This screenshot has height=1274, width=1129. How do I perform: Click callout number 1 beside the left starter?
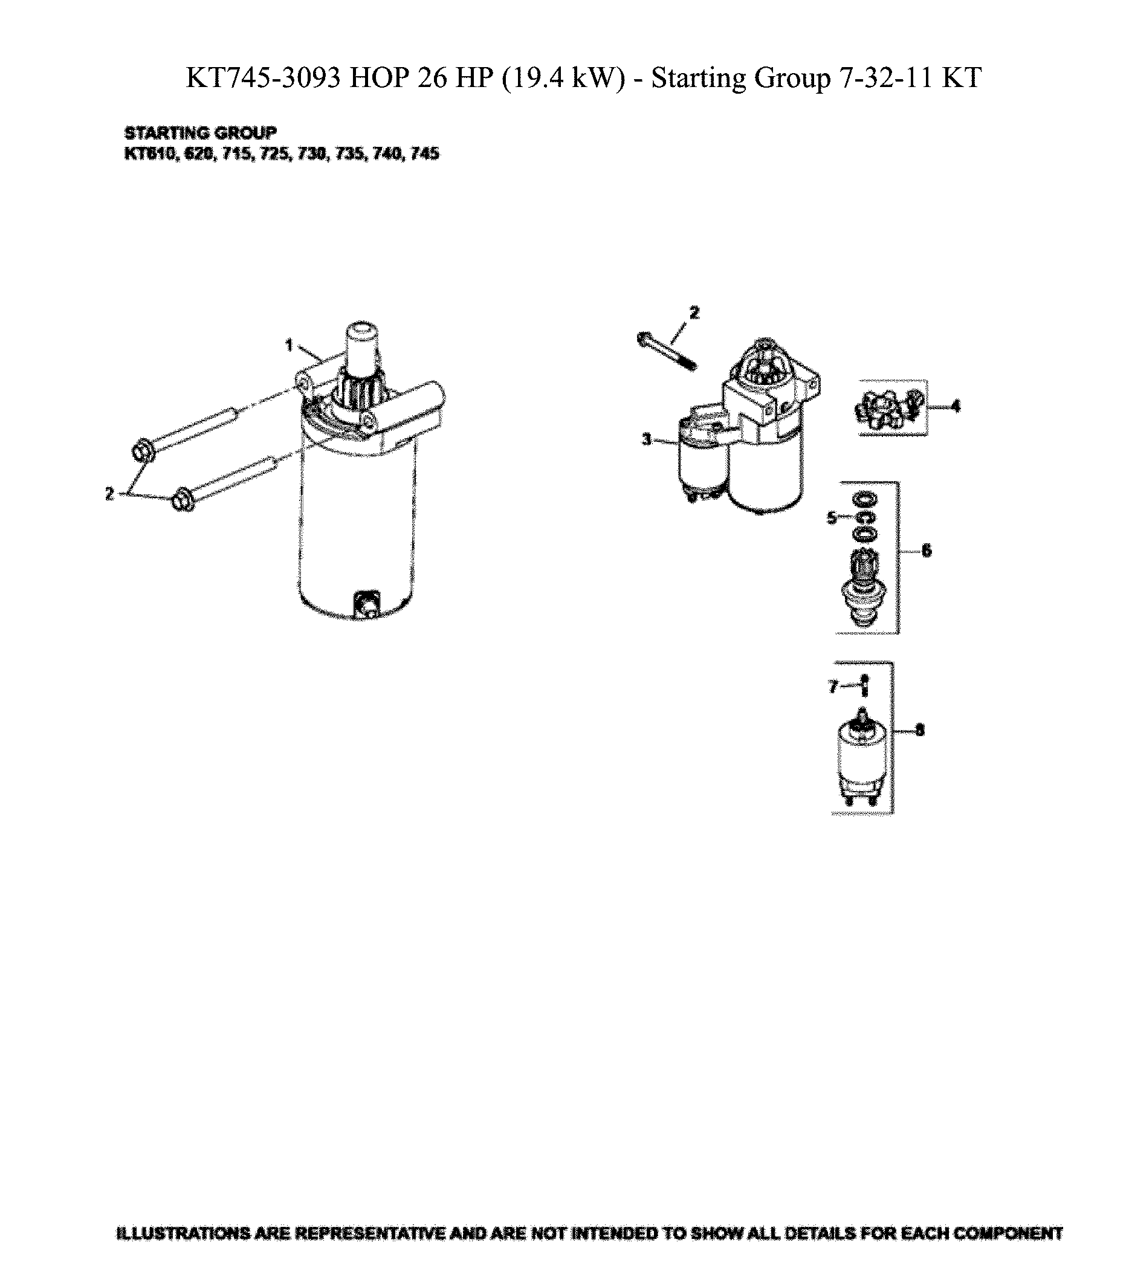[289, 344]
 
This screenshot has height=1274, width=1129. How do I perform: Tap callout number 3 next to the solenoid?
[647, 439]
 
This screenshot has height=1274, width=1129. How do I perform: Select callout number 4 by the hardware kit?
[956, 406]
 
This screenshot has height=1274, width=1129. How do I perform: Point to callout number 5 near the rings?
[832, 517]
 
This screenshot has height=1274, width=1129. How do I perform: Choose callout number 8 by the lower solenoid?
[920, 729]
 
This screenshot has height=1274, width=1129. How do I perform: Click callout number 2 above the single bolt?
[694, 312]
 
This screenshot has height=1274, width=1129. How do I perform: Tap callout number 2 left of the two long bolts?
[110, 494]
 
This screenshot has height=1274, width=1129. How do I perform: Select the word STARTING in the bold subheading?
[166, 133]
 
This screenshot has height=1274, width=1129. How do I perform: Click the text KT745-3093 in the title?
[264, 79]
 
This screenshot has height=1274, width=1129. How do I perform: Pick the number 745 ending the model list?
[425, 154]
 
